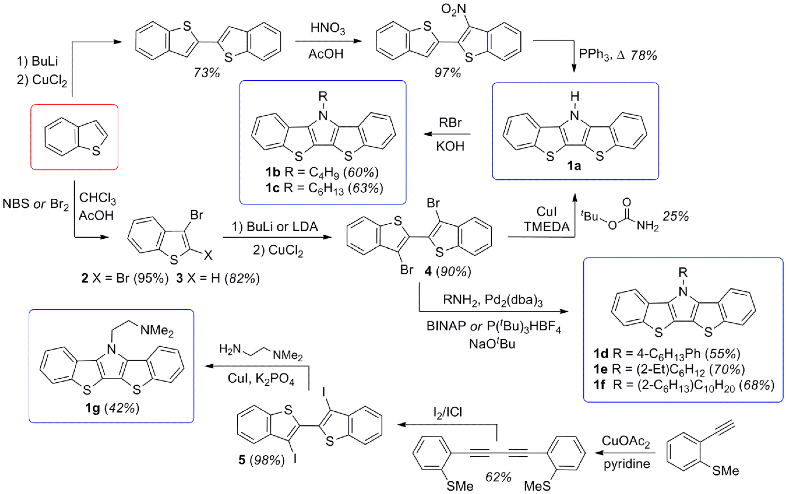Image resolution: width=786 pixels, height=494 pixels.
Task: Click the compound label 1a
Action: (574, 166)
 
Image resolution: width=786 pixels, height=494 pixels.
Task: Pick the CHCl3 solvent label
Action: (97, 198)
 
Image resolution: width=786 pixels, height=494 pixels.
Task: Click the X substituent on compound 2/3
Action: (208, 255)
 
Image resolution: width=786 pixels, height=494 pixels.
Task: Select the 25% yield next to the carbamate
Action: (675, 216)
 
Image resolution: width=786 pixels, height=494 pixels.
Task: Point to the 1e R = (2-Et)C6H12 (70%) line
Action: (669, 370)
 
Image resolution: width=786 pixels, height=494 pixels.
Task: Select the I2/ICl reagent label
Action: (447, 412)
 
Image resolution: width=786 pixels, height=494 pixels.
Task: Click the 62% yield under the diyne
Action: (498, 477)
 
